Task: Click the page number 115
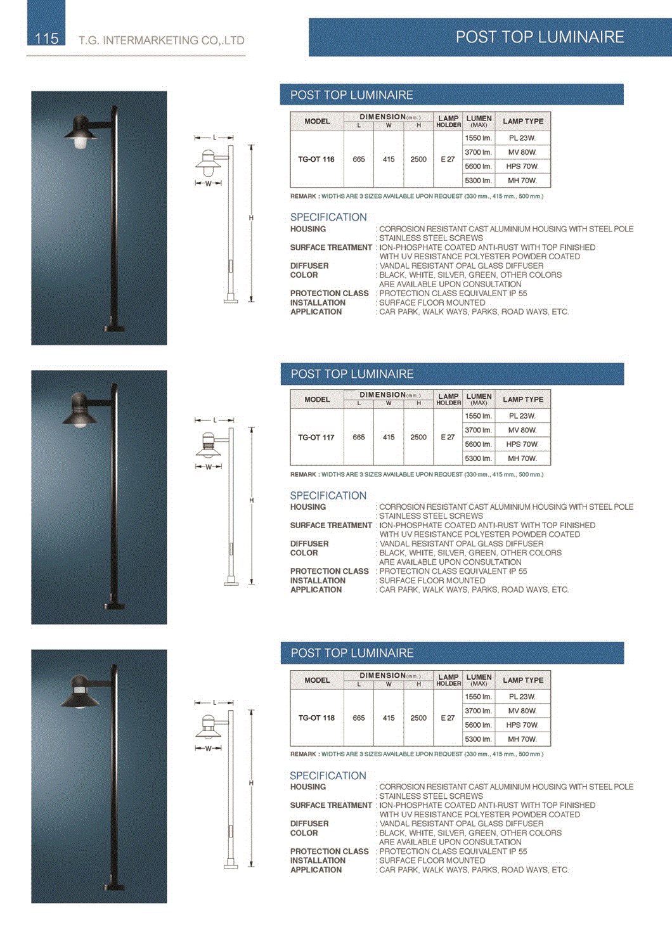click(x=46, y=39)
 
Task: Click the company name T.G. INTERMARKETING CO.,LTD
click(x=161, y=41)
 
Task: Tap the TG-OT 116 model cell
click(x=316, y=159)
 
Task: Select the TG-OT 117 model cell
click(x=316, y=437)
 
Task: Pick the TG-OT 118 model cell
click(x=316, y=718)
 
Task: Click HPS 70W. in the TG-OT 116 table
click(x=522, y=166)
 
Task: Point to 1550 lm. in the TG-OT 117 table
click(x=478, y=416)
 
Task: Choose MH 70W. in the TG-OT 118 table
click(x=522, y=739)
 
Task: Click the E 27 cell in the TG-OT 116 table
click(x=448, y=159)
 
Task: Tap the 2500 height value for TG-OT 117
click(x=418, y=437)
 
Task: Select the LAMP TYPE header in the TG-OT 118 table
click(x=523, y=680)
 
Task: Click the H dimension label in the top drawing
click(x=251, y=217)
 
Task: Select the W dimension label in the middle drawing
click(x=209, y=467)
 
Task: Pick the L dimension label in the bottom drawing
click(x=214, y=702)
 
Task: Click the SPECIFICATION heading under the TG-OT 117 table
click(x=328, y=495)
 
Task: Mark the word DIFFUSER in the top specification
click(x=309, y=266)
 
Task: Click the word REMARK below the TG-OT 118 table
click(x=304, y=754)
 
